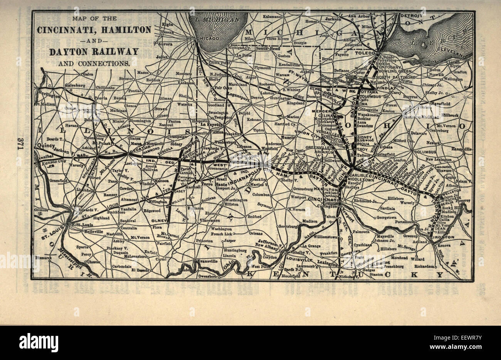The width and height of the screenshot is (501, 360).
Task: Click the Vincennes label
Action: [x=210, y=220]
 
